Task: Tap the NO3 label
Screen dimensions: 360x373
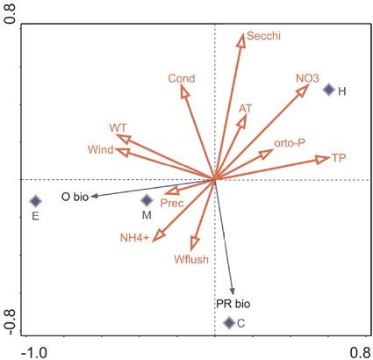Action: pos(307,78)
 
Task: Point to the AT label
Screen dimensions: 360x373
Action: pos(246,108)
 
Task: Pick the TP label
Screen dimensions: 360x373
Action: pos(339,158)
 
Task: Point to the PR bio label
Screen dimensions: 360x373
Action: pos(233,304)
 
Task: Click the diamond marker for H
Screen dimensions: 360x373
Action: pos(328,90)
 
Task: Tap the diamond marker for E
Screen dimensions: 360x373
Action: pos(35,201)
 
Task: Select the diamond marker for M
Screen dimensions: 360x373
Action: pos(147,200)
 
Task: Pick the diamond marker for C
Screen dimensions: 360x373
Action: pos(229,322)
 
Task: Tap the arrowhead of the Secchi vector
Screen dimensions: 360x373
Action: pos(242,37)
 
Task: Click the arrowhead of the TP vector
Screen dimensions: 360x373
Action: pos(325,159)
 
